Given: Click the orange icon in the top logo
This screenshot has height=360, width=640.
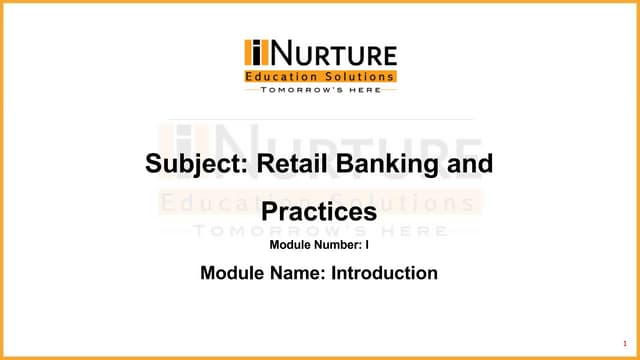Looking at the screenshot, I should [x=255, y=53].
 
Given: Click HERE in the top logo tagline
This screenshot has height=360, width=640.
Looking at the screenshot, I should [x=365, y=90].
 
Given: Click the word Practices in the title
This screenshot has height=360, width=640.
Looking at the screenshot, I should [x=319, y=212].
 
